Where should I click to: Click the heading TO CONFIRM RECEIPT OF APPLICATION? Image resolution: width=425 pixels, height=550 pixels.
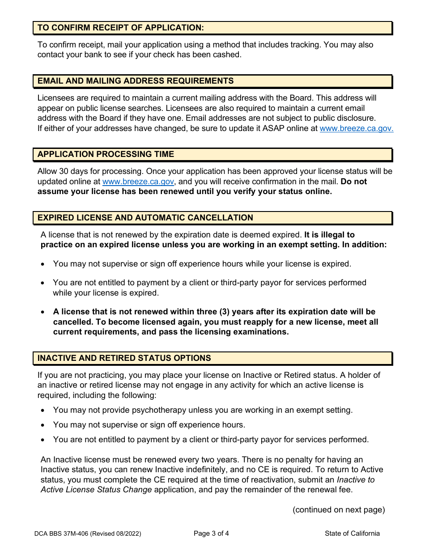pos(121,28)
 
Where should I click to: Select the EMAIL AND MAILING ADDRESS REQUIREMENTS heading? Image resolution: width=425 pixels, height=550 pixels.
pos(136,81)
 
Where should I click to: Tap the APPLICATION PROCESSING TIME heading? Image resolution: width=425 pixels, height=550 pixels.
pos(106,154)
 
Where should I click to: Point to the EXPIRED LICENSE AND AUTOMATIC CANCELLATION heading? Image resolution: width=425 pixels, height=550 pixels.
pos(145,218)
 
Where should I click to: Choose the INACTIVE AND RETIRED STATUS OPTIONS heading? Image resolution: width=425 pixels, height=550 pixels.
pos(124,358)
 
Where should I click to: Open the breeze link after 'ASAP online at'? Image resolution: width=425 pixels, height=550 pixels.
pos(357,128)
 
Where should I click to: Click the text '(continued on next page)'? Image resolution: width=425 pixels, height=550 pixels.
pos(339,510)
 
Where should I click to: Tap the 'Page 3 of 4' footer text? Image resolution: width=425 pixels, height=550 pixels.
pos(212,533)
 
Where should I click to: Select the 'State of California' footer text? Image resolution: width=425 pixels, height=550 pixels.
pos(353,533)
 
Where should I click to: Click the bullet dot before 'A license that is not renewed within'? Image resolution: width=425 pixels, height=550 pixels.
pos(42,312)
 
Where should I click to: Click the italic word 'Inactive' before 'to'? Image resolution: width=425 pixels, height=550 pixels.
pos(356,479)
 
